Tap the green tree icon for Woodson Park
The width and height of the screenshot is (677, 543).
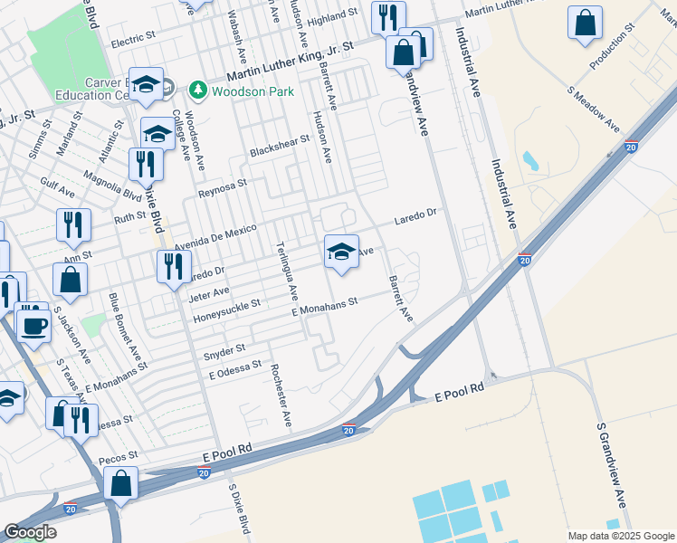tap(197, 90)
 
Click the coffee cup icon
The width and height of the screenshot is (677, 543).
tap(34, 323)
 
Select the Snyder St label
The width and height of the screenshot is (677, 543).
tap(224, 348)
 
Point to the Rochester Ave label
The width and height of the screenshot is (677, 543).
tap(280, 395)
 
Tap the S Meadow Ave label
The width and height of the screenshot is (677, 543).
tap(594, 109)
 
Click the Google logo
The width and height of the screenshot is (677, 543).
tap(30, 532)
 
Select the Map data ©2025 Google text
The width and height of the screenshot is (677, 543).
tap(621, 536)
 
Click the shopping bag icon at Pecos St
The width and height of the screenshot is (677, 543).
tap(120, 483)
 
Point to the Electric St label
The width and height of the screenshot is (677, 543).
tap(134, 43)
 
